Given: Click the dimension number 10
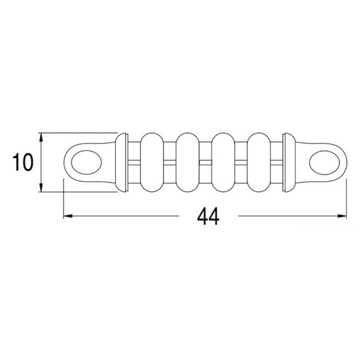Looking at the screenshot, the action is pos(23,162).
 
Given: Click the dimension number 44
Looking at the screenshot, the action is pos(208,216).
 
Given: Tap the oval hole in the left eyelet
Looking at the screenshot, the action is pos(86,162).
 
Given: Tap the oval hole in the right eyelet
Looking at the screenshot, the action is pos(324,162).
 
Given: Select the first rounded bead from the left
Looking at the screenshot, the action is pos(152,162).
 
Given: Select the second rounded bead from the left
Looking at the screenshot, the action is pos(187,162).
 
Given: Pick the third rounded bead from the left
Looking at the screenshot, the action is pos(223,162).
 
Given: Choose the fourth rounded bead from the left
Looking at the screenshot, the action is pos(259,162).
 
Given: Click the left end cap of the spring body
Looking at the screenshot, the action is pos(121,162).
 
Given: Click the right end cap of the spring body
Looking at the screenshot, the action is pos(289,162).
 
